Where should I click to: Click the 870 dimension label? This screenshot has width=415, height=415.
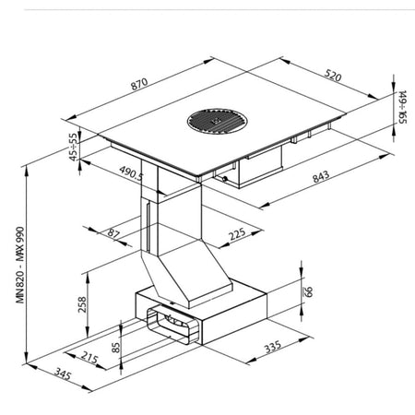(x=139, y=84)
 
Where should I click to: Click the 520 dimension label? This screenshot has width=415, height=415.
(x=333, y=76)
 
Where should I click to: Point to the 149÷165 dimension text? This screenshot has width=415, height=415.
(x=402, y=107)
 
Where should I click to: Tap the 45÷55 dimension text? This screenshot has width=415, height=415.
(x=73, y=147)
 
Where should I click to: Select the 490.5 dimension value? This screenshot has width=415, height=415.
(x=131, y=173)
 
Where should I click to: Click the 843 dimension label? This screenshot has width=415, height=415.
(x=321, y=177)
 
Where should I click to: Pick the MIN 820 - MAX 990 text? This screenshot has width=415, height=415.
(x=20, y=265)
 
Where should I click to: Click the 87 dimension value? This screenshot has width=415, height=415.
(x=113, y=233)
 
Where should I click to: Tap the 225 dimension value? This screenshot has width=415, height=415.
(x=237, y=234)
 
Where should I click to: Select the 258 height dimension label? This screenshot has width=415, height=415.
(x=82, y=304)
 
